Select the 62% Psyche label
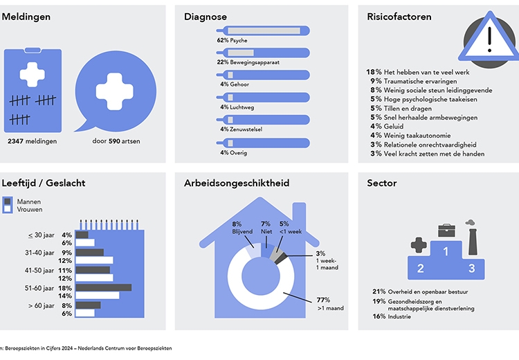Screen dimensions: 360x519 [233, 41]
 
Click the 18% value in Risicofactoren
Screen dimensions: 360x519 [374, 72]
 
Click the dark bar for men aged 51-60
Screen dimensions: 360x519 [103, 287]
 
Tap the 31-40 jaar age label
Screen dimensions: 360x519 [38, 253]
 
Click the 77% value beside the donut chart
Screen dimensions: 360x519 [322, 300]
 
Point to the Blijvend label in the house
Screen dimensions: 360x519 [242, 233]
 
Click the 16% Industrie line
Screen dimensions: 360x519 [396, 316]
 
